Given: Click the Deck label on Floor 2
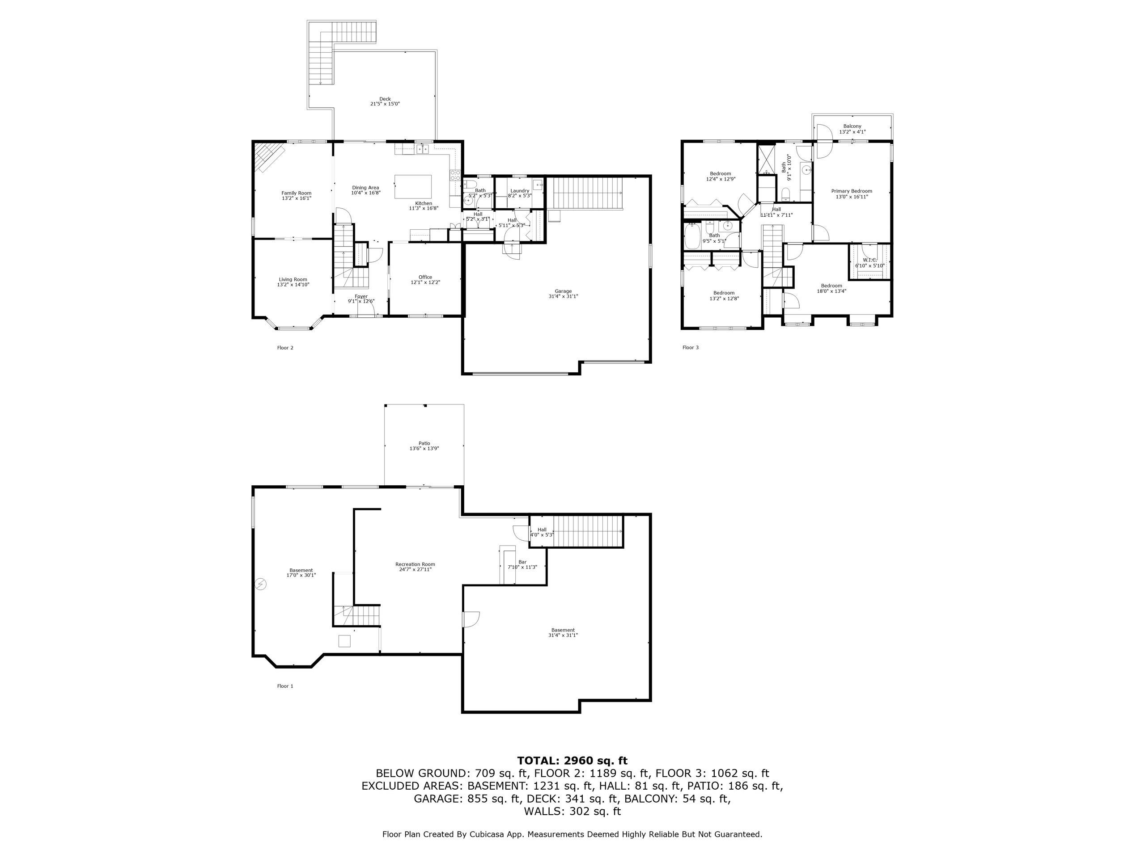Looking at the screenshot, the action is (385, 99).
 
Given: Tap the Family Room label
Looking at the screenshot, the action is (297, 193).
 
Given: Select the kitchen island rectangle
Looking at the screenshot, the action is (413, 187).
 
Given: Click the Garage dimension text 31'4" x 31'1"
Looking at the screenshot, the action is (563, 296).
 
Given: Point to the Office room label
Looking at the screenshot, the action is (425, 277).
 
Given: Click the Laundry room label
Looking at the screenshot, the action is (519, 191).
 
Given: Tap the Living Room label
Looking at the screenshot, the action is (293, 279).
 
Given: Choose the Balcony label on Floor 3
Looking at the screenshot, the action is (852, 126).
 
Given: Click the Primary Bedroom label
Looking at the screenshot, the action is (852, 191).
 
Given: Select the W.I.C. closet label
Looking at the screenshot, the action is (869, 260).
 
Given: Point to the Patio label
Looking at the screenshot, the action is (424, 443).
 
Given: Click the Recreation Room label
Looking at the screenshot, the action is (415, 564).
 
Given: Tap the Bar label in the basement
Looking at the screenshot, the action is (522, 562).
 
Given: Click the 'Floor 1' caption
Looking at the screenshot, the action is (285, 686).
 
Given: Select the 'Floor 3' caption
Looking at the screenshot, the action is (691, 348).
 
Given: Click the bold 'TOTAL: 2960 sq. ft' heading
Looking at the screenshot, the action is (572, 760).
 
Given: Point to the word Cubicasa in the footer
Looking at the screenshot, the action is (489, 834).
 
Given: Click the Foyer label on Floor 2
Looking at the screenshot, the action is (361, 296).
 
